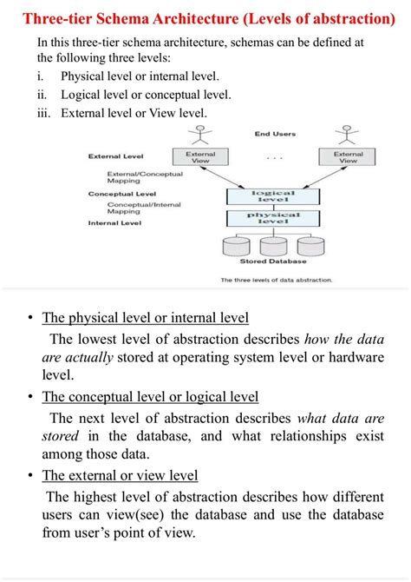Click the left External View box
point(201,157)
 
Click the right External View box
point(348,157)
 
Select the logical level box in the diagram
point(274,197)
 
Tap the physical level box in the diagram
point(274,218)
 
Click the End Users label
point(274,134)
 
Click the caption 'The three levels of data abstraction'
point(277,281)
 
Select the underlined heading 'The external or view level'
point(121,475)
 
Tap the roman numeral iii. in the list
point(44,112)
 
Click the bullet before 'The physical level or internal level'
point(30,318)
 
